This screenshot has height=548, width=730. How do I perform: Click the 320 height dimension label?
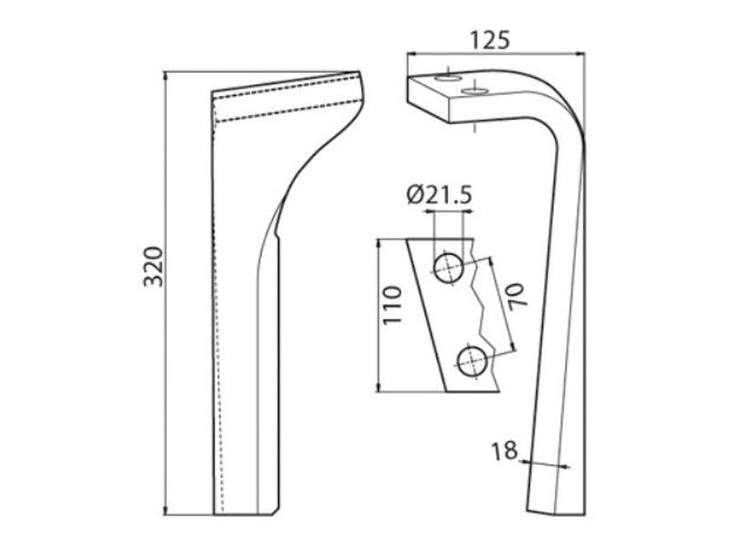pyautogui.click(x=153, y=266)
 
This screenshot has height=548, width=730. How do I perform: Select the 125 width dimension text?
pyautogui.click(x=489, y=40)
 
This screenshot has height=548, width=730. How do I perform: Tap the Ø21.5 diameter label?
pyautogui.click(x=440, y=195)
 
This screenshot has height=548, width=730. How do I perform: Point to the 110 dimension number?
pyautogui.click(x=391, y=305)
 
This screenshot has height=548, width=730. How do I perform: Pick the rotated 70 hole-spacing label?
pyautogui.click(x=517, y=295)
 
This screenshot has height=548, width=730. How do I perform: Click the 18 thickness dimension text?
pyautogui.click(x=505, y=450)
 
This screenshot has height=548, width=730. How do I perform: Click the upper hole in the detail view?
pyautogui.click(x=448, y=269)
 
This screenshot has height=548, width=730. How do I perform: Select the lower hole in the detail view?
pyautogui.click(x=472, y=362)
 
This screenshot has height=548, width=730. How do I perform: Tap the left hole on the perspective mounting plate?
pyautogui.click(x=447, y=78)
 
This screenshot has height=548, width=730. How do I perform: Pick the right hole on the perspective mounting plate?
pyautogui.click(x=474, y=90)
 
